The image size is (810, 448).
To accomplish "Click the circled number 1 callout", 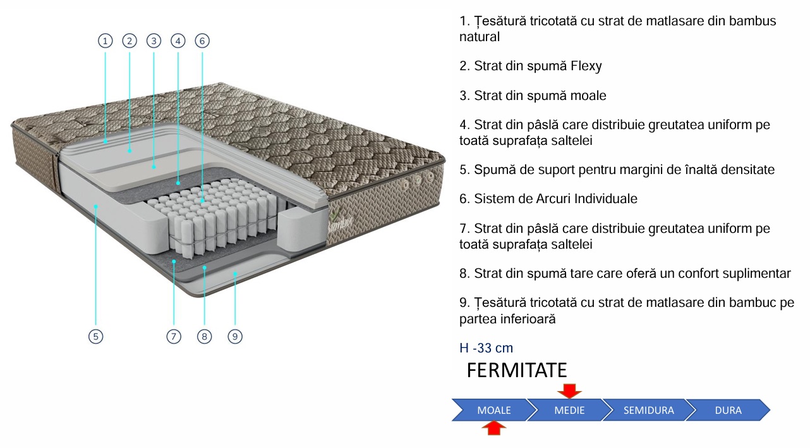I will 105,41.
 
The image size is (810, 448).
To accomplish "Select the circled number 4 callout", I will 178,41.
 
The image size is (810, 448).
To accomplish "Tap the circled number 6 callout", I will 202,41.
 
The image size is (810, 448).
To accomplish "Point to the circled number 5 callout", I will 95,337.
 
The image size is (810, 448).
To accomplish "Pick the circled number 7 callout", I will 174,337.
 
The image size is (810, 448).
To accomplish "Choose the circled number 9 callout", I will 235,337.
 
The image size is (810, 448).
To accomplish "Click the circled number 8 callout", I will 203,337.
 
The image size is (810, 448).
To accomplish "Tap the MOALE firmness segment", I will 493,410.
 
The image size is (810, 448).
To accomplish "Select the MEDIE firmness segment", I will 569,410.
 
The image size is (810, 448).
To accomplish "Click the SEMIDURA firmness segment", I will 648,410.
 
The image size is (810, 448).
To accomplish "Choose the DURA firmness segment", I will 728,410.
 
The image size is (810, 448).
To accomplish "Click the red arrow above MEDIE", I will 569,390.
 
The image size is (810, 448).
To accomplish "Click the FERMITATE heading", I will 516,370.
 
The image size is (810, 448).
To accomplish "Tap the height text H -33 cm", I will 486,348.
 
